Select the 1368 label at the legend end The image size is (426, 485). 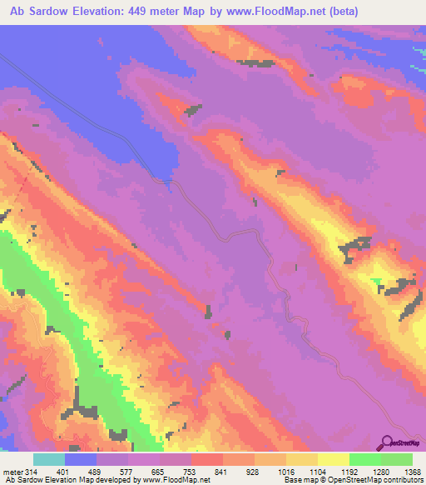pyautogui.click(x=412, y=471)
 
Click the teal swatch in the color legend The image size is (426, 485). pyautogui.click(x=49, y=459)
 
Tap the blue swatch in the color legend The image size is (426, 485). pyautogui.click(x=81, y=459)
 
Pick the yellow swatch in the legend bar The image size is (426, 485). pyautogui.click(x=333, y=459)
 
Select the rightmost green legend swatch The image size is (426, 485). pyautogui.click(x=396, y=459)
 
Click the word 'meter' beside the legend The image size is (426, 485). pyautogui.click(x=12, y=471)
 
